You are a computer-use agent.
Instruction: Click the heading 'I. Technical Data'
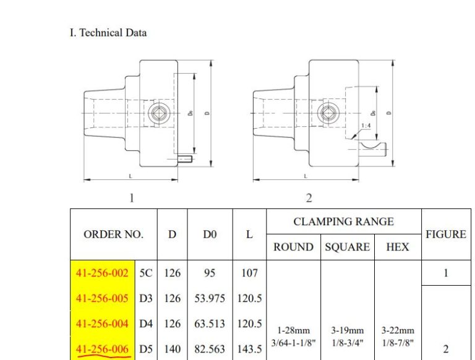108,33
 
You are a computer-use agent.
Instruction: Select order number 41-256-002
102,273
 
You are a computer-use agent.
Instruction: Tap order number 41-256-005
102,299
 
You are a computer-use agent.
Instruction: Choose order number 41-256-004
102,324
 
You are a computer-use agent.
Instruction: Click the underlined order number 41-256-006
102,349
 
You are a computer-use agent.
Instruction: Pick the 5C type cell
146,273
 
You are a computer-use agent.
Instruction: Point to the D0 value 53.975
210,299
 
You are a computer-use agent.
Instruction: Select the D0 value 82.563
210,349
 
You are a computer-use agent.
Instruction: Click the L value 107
249,273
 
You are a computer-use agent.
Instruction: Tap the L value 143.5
249,349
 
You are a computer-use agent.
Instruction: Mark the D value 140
173,349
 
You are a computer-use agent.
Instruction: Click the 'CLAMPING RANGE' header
343,221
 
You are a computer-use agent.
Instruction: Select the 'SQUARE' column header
347,247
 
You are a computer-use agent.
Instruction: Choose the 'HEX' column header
397,247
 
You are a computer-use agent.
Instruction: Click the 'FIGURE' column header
446,234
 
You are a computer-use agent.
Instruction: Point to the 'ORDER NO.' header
113,234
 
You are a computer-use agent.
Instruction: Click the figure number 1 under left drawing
131,198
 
